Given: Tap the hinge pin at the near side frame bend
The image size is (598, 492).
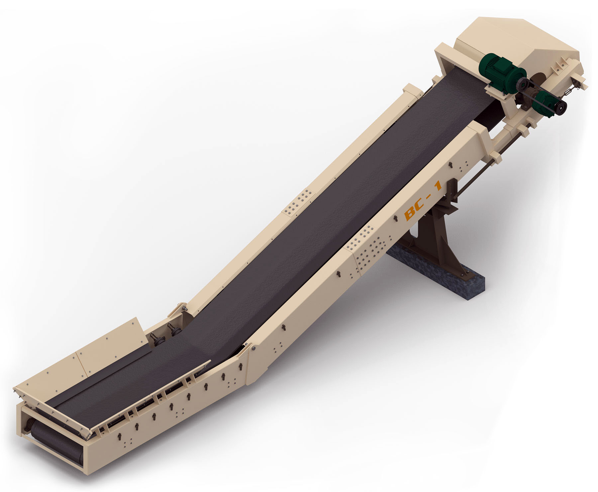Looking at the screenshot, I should [253, 348].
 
